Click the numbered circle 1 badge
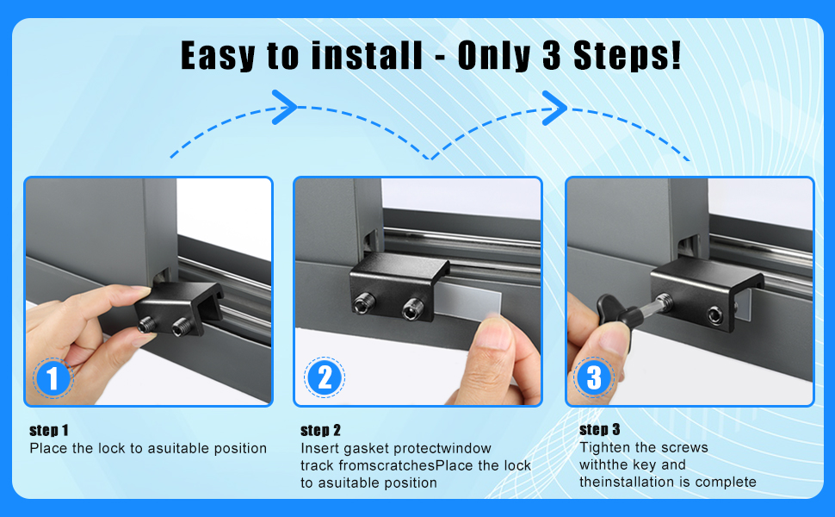click(x=53, y=378)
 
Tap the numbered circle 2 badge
click(x=325, y=377)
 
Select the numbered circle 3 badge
click(x=594, y=377)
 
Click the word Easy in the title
click(x=218, y=55)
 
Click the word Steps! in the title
click(x=627, y=55)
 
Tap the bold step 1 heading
click(x=49, y=430)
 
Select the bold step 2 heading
click(x=320, y=430)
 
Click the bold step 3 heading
click(x=600, y=429)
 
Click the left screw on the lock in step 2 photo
click(x=365, y=303)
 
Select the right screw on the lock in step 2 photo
click(x=412, y=309)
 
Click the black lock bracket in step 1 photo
click(x=178, y=308)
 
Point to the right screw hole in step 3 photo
click(x=715, y=315)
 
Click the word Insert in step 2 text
click(x=319, y=448)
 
